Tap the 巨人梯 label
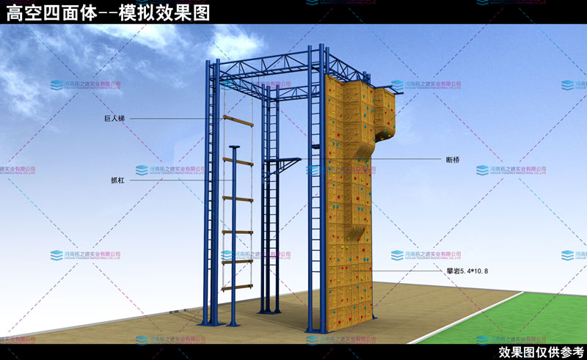point(115,118)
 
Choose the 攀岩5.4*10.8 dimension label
point(467,271)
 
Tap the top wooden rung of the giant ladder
point(238,117)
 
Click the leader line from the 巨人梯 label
point(169,118)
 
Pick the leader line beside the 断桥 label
point(404,158)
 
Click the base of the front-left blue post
point(208,323)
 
